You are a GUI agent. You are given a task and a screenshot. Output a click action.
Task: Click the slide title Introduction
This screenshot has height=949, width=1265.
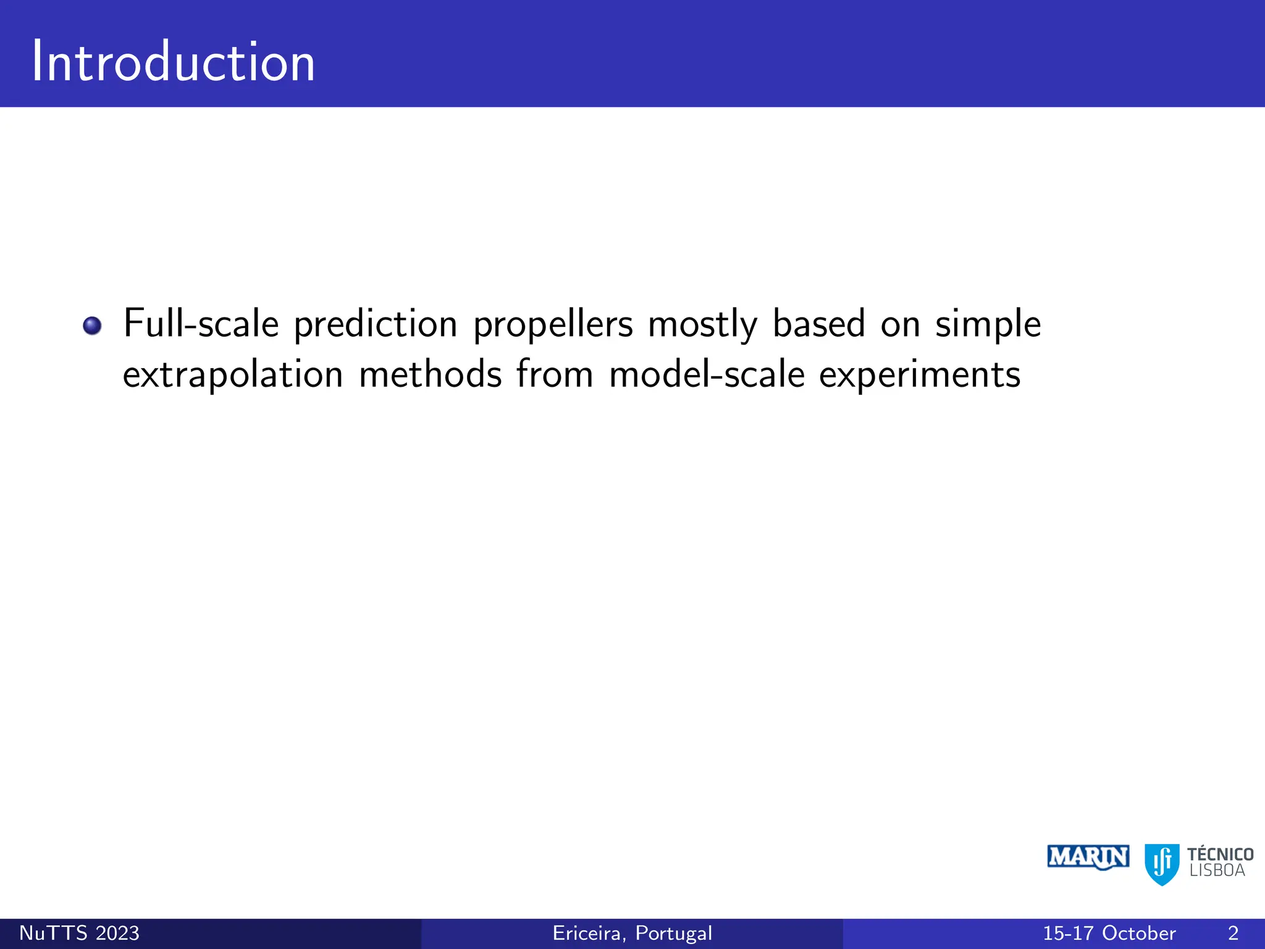coord(173,62)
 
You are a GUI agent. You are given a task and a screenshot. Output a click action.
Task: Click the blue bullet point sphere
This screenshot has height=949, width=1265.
coord(92,325)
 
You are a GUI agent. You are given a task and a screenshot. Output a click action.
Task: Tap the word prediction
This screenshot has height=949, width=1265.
coord(375,324)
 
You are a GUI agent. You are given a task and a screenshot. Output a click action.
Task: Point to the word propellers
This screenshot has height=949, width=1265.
coord(553,324)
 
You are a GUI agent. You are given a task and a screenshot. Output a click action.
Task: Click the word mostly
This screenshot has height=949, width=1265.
coord(702,324)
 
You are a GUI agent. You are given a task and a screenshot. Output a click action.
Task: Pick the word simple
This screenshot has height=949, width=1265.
coord(988,324)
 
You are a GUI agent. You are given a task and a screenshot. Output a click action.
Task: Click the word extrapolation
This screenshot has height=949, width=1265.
coord(232,375)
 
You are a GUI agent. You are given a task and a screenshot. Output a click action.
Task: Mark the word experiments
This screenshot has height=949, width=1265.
coord(919,375)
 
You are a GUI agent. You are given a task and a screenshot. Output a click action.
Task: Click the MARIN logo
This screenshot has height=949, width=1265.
coord(1088,858)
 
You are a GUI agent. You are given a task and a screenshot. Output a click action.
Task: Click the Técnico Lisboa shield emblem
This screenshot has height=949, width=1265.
coord(1161,864)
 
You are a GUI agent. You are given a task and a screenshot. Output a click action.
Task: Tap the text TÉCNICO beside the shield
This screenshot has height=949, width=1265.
coord(1220,854)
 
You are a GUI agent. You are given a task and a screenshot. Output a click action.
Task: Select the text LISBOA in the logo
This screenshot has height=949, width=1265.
coord(1217,871)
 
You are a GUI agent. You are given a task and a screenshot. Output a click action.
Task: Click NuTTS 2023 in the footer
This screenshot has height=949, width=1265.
coord(79,933)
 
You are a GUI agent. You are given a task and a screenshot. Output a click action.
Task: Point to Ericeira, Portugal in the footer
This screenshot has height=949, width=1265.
coord(632,933)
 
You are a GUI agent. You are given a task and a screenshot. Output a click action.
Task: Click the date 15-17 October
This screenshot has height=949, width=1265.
coord(1109,933)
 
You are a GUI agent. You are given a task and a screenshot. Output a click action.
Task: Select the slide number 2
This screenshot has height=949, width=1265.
coord(1233,933)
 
